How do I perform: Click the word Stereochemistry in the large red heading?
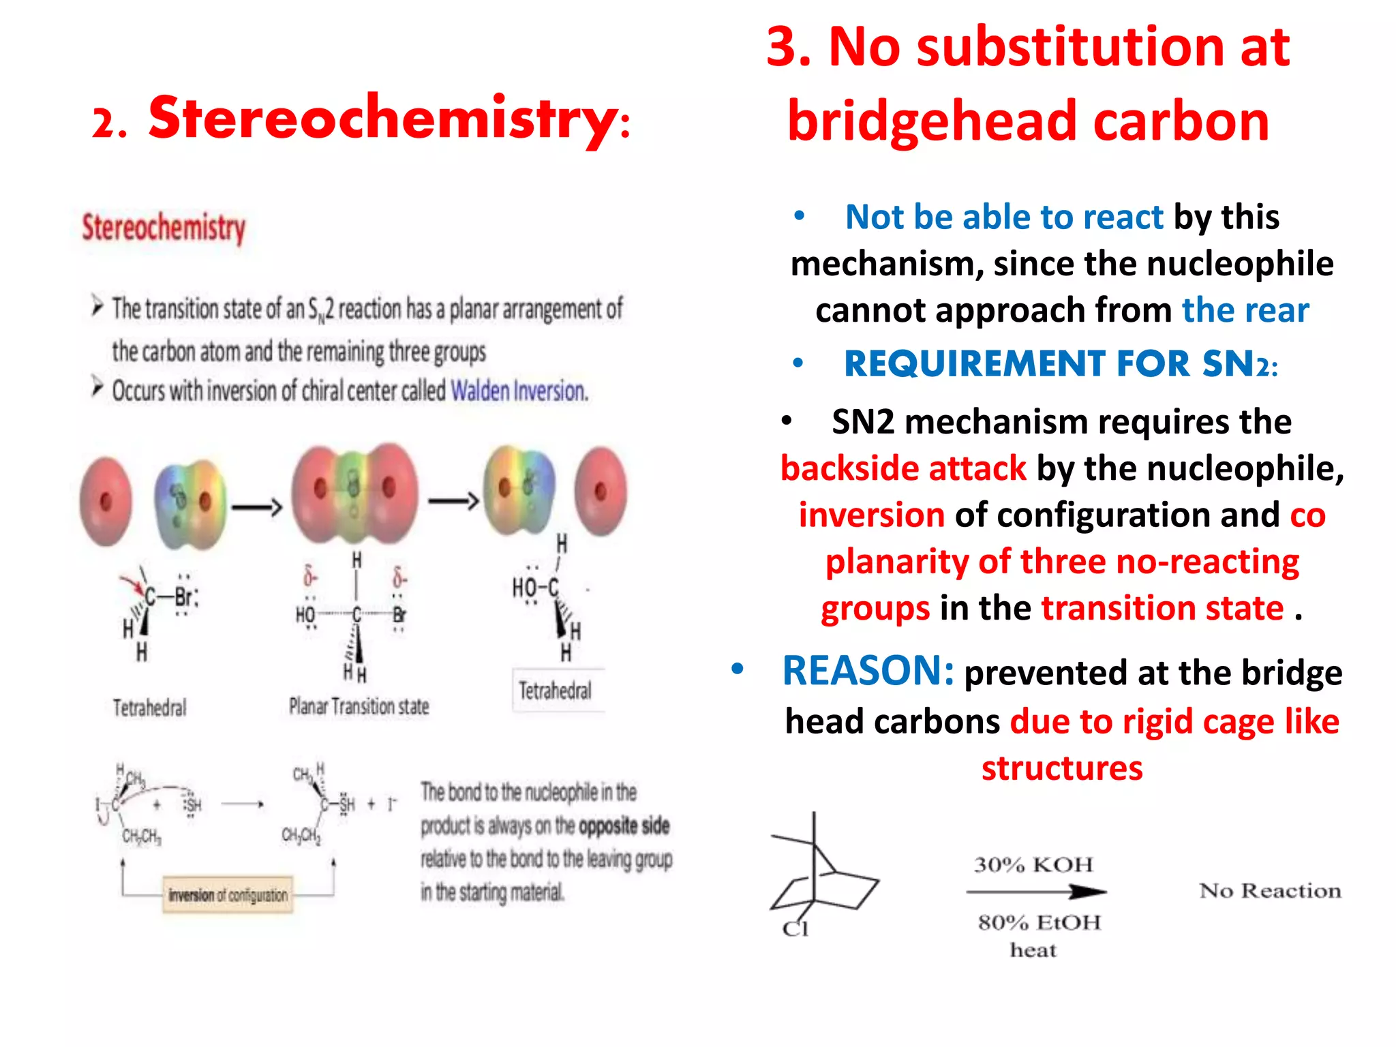tap(383, 119)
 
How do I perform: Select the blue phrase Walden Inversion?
tap(519, 391)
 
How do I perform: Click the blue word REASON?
tap(867, 671)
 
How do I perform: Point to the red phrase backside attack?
tap(903, 469)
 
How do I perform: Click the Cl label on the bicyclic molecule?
tap(795, 928)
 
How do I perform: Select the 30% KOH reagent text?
tap(1033, 865)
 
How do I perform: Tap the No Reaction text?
tap(1270, 891)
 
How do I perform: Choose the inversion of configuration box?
tap(228, 895)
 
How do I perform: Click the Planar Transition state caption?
tap(359, 706)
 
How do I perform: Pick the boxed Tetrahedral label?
tap(556, 691)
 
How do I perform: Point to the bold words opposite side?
tap(624, 826)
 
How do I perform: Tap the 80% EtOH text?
tap(1039, 923)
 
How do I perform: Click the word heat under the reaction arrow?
tap(1033, 950)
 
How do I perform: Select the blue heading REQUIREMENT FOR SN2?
tap(1061, 364)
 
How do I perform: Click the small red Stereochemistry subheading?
tap(164, 228)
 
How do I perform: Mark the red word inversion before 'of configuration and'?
tap(872, 515)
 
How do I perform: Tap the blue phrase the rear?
tap(1245, 311)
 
